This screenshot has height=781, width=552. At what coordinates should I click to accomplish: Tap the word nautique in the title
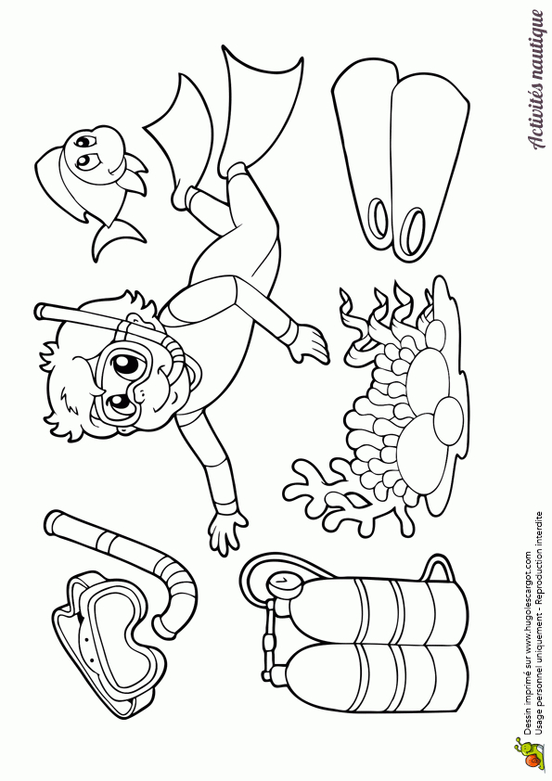click(538, 44)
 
